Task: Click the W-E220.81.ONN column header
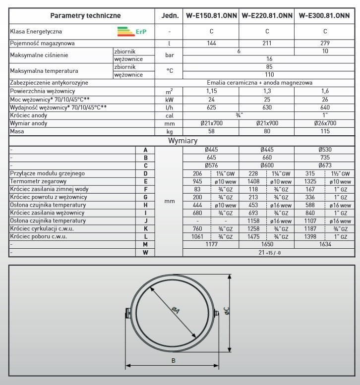[x=266, y=16]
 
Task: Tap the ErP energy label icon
[x=133, y=32]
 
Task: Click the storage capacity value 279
[x=324, y=44]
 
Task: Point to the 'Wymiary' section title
[x=183, y=141]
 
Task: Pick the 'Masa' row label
[x=18, y=131]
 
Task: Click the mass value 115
[x=324, y=131]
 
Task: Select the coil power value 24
[x=211, y=99]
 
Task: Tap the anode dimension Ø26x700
[x=324, y=122]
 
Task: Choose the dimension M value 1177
[x=211, y=244]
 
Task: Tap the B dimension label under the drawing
[x=173, y=360]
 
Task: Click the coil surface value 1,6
[x=324, y=91]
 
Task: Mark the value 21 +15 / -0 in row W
[x=269, y=253]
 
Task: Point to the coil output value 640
[x=324, y=107]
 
